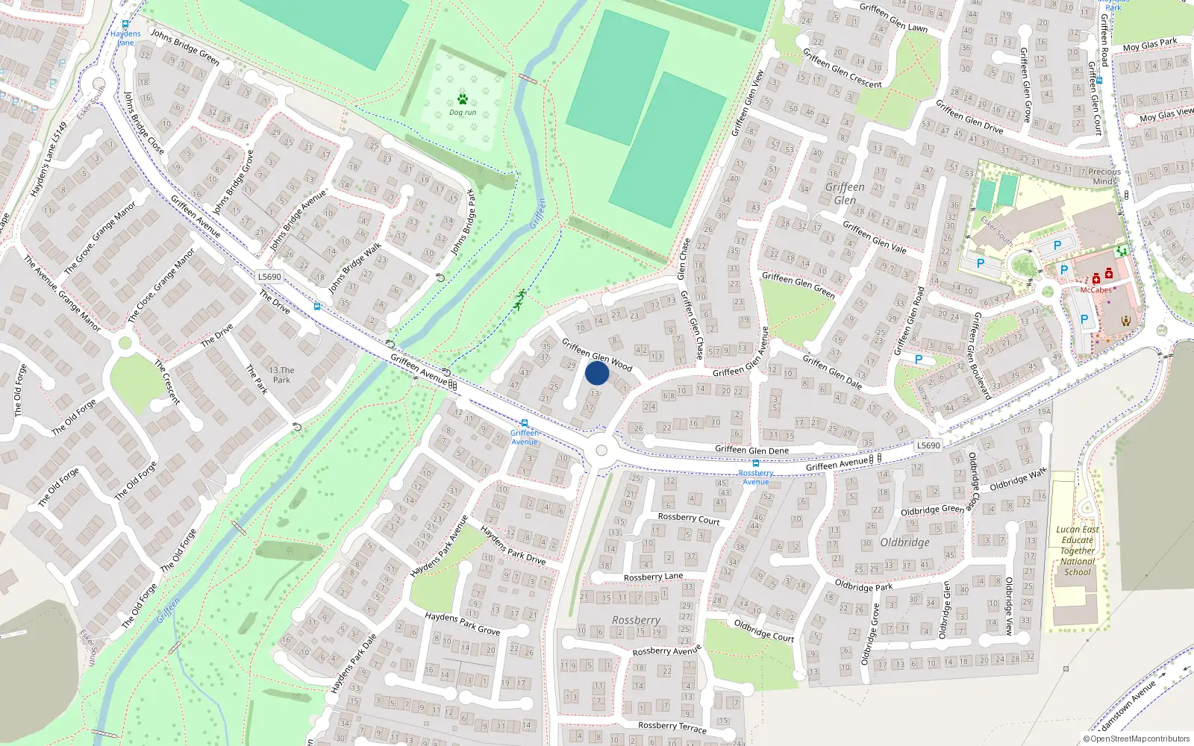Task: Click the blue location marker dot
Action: pos(597,373)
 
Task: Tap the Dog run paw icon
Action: pos(463,99)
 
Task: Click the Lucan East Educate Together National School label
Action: pos(1078,551)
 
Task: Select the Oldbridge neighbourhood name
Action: pos(904,542)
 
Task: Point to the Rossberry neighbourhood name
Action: pos(636,620)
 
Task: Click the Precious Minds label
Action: pos(1104,176)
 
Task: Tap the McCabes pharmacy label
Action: pos(1095,290)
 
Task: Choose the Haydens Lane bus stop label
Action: pos(125,38)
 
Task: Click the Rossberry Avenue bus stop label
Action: pos(756,477)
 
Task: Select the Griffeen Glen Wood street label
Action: pos(597,354)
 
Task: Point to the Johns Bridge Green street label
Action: pos(185,47)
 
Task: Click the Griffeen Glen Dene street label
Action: pos(751,450)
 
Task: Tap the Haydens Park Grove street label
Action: pos(463,624)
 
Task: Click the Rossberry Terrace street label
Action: pos(672,727)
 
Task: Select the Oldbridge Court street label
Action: pos(763,630)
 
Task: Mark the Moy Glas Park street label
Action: pos(1150,45)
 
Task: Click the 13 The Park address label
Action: pos(281,374)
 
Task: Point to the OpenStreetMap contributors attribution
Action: pos(1135,739)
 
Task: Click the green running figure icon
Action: pos(519,299)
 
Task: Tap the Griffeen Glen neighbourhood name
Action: pos(845,193)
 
